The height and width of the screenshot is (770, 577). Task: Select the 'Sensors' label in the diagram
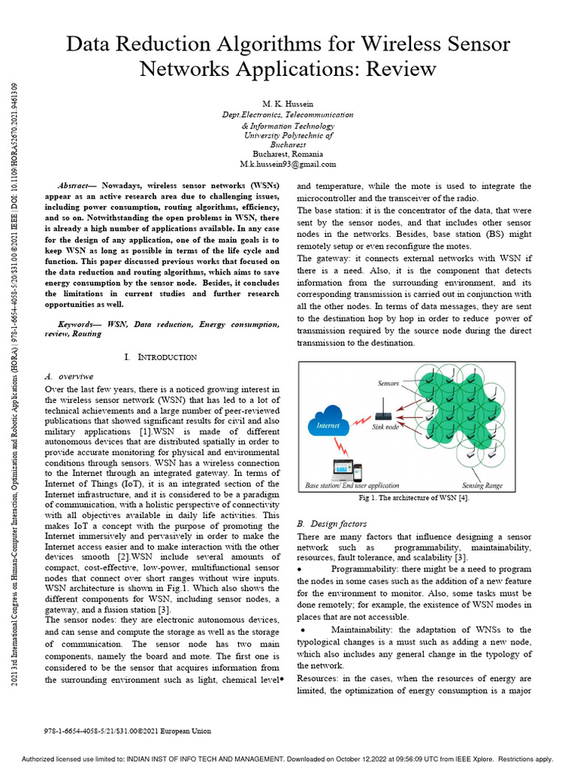click(x=388, y=383)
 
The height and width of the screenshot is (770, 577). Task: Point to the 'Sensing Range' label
click(x=482, y=486)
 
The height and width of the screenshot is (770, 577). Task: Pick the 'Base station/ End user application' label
click(x=352, y=486)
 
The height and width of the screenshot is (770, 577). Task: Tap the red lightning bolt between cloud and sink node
click(x=358, y=420)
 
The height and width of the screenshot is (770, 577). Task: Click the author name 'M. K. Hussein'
click(x=288, y=104)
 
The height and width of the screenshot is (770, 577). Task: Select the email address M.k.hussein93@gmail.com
click(x=288, y=163)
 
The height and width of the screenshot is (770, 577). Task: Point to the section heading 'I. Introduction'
click(x=161, y=357)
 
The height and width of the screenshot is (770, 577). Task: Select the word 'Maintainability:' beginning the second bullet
click(x=365, y=629)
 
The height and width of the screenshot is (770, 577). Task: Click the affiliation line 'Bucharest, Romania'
click(x=288, y=153)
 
